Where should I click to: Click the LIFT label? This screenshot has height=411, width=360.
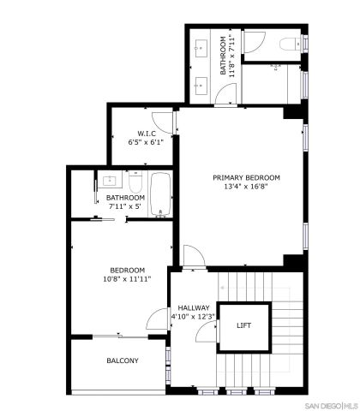click(244, 325)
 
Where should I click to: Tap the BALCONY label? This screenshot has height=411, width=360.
click(123, 360)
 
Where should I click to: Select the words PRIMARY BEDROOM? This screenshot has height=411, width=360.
click(246, 177)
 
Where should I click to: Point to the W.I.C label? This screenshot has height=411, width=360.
click(145, 133)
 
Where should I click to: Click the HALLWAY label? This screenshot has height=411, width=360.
click(195, 307)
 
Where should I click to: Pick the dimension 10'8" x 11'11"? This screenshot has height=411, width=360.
click(127, 278)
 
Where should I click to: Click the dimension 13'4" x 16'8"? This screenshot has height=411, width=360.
click(246, 187)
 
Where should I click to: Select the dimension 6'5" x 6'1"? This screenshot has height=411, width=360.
click(145, 142)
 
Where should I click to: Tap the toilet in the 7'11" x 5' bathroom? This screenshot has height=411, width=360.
click(135, 182)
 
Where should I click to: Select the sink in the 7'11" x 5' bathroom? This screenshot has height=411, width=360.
click(110, 182)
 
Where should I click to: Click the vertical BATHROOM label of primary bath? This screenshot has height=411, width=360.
click(224, 56)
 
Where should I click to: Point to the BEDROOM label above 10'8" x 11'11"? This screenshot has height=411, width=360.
click(127, 269)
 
